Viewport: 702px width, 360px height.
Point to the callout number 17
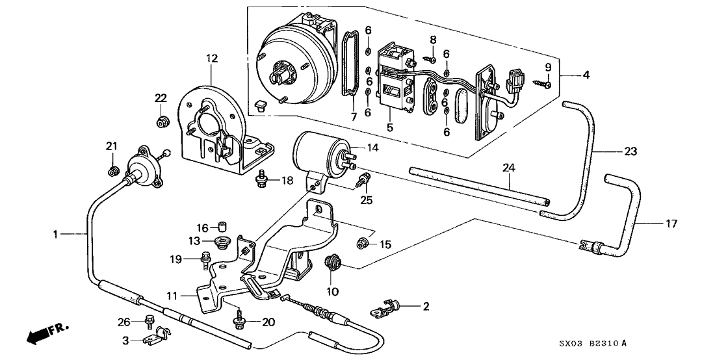(x=671, y=224)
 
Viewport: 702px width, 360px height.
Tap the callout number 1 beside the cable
(x=57, y=233)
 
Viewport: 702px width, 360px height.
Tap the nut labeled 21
(x=112, y=171)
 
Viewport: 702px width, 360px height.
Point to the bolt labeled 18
(x=261, y=175)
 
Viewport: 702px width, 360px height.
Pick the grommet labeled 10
(x=333, y=264)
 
